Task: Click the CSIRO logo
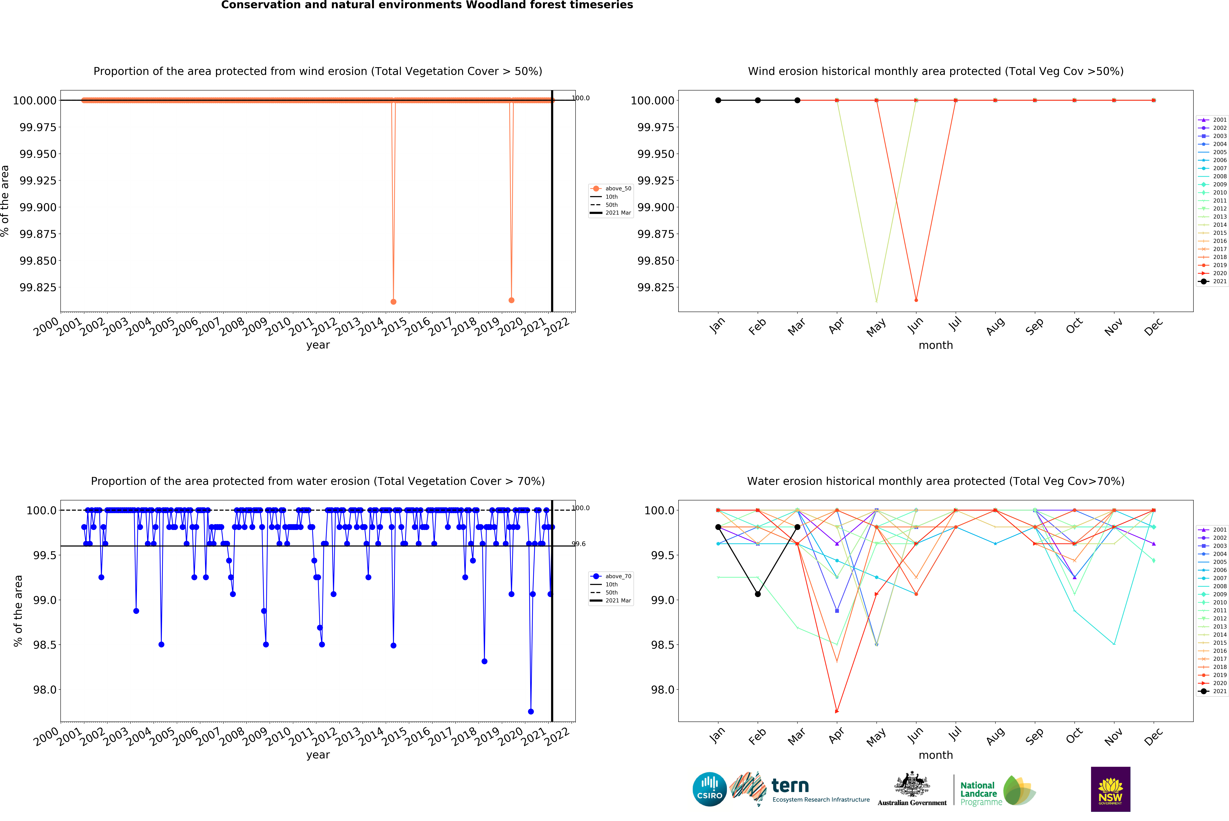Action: (709, 789)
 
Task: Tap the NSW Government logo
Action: (1110, 789)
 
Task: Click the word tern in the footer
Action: (790, 785)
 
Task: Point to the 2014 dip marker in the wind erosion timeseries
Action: (393, 302)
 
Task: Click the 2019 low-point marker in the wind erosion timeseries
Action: (511, 300)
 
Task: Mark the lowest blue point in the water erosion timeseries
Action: (531, 712)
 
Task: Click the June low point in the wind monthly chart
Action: (916, 300)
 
